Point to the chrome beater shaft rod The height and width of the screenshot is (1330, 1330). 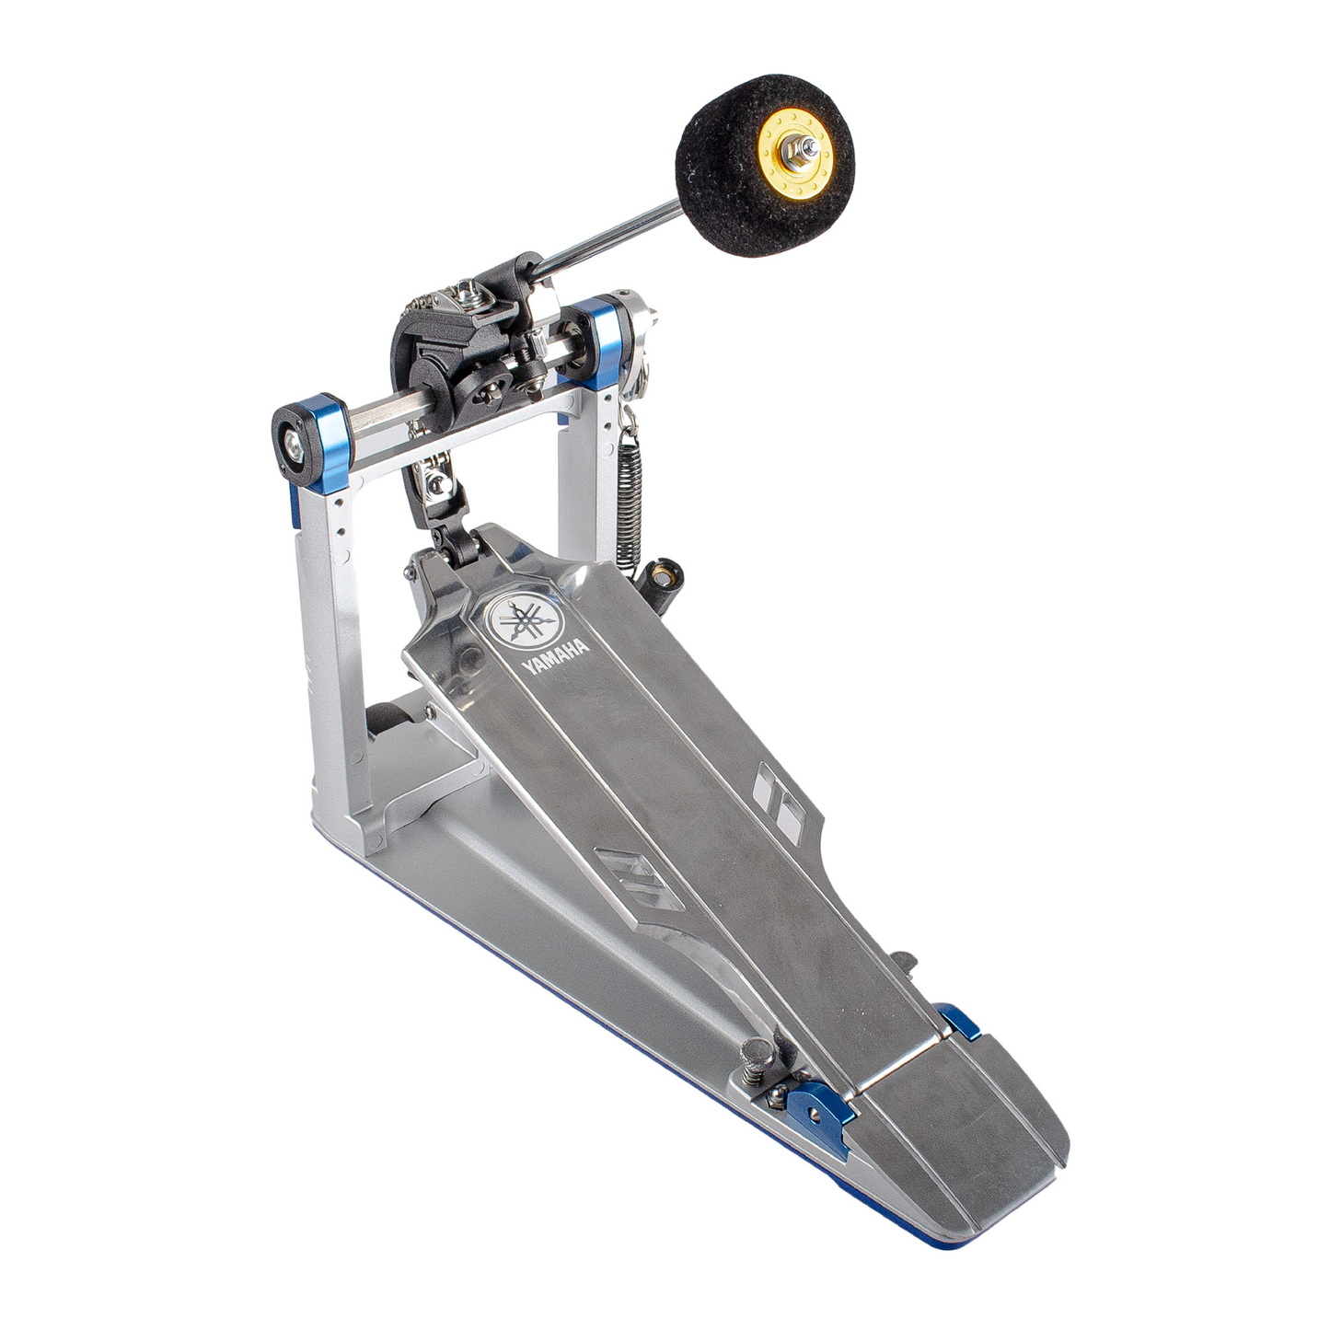coord(607,236)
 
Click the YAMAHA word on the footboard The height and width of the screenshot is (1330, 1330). coord(556,655)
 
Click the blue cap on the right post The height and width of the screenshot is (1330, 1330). coord(605,341)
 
